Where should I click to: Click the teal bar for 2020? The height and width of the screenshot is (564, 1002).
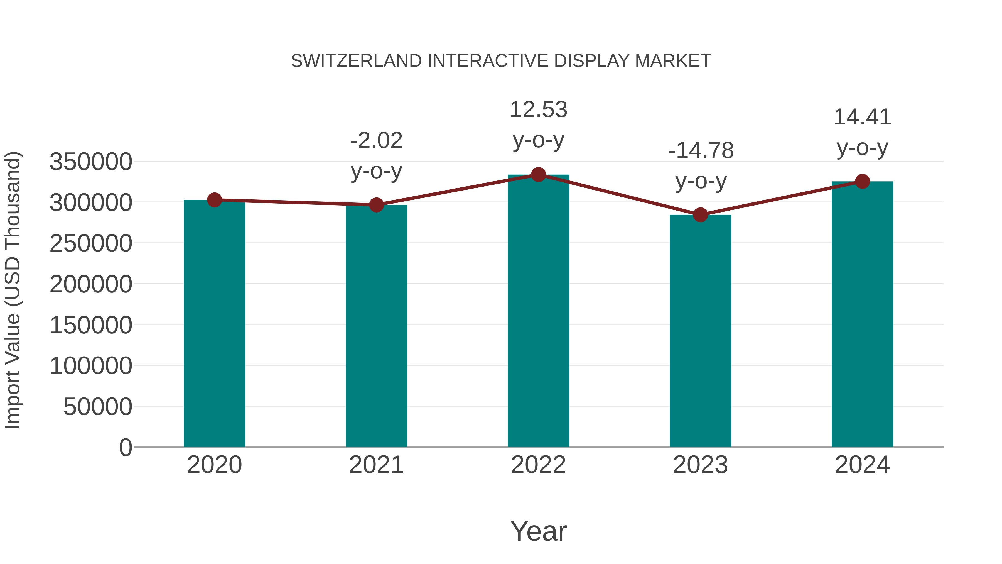click(x=214, y=323)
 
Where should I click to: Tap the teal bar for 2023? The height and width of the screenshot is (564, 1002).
click(x=700, y=331)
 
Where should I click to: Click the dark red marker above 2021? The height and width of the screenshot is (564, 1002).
click(x=376, y=205)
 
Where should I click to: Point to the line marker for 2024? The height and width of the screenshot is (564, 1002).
click(x=862, y=181)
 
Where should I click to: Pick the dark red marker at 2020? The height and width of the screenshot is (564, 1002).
click(x=214, y=200)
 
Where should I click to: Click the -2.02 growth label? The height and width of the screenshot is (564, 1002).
click(x=376, y=141)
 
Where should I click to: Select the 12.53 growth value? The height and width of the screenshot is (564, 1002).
click(x=538, y=109)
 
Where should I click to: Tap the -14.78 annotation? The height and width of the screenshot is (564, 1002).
click(x=701, y=151)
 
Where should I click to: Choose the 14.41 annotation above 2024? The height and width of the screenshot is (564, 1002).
click(x=862, y=117)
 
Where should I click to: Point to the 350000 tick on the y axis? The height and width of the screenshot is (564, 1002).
click(x=91, y=162)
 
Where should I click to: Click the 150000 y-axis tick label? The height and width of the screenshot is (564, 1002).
click(x=91, y=325)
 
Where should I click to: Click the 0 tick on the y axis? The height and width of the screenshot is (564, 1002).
click(x=125, y=447)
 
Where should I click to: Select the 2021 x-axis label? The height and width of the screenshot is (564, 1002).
click(x=376, y=465)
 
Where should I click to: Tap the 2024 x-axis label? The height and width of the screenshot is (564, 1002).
click(x=862, y=465)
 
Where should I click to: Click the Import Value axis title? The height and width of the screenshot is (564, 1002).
click(x=13, y=290)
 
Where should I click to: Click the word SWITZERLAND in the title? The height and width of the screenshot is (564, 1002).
click(x=356, y=61)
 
